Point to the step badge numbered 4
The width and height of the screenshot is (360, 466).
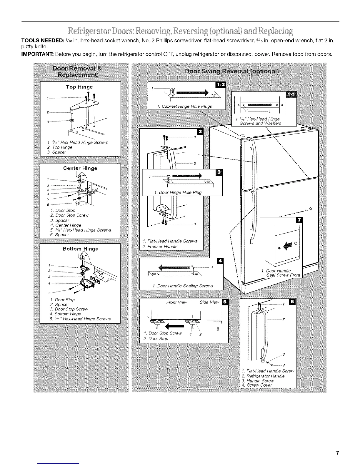tap(220, 261)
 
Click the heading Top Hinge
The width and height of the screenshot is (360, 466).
tap(79, 87)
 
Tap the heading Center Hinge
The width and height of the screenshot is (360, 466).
tap(80, 168)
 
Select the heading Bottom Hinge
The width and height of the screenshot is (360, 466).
tap(81, 249)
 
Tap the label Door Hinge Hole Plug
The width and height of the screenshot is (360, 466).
tap(180, 192)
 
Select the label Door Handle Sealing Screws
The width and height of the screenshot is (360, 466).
tap(185, 286)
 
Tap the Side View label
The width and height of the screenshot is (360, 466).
tap(209, 302)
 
